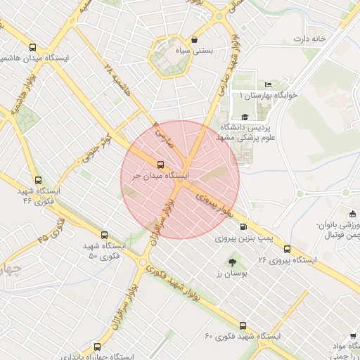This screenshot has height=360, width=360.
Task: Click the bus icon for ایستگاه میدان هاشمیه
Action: coord(32,48)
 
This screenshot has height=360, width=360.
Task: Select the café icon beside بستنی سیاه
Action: coord(194,40)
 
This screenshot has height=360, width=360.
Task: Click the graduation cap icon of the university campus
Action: coord(244,117)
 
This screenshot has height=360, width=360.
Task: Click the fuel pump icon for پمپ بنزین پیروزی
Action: coord(243,226)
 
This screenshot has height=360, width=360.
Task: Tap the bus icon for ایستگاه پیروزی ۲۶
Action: coord(287,249)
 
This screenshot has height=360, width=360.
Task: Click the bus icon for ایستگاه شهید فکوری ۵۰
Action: coord(105,235)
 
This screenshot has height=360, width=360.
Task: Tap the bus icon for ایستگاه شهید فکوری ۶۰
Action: coord(243,326)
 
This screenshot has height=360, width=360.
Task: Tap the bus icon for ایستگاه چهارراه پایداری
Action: coord(97,346)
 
